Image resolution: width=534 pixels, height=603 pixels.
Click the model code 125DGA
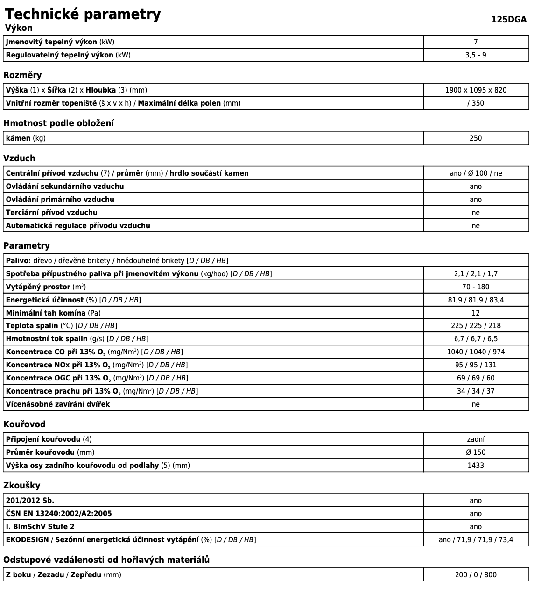click(x=508, y=20)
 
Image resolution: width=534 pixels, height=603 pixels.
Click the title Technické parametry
click(x=83, y=14)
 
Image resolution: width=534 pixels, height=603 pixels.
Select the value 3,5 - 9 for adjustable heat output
click(x=475, y=55)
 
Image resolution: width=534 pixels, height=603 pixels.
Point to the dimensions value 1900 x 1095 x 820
click(x=475, y=90)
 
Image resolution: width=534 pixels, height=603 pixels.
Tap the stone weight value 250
click(x=475, y=138)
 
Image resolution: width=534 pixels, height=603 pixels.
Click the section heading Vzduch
click(x=19, y=158)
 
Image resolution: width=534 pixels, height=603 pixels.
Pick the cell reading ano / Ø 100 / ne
click(x=475, y=173)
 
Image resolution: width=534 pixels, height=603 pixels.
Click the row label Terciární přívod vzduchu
click(x=52, y=213)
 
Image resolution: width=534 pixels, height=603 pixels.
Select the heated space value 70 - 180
click(x=475, y=287)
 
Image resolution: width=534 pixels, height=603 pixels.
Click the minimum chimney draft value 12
click(x=475, y=313)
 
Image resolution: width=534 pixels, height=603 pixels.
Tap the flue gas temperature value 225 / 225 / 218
click(x=475, y=326)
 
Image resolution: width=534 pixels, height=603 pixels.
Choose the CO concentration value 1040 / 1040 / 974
click(x=475, y=352)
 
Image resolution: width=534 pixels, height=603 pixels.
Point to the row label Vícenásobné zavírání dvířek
click(x=58, y=404)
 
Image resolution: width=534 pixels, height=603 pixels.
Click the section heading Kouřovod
click(x=24, y=424)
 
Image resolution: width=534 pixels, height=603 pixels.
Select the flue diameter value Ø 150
click(x=475, y=452)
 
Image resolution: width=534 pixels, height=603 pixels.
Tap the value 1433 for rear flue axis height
click(x=475, y=466)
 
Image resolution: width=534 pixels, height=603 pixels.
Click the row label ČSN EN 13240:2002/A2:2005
click(x=59, y=514)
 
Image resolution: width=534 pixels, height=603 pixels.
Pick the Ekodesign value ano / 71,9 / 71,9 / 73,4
click(x=475, y=540)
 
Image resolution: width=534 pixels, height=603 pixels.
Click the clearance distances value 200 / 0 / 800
click(x=475, y=575)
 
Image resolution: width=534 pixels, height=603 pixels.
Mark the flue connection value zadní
click(x=475, y=439)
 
